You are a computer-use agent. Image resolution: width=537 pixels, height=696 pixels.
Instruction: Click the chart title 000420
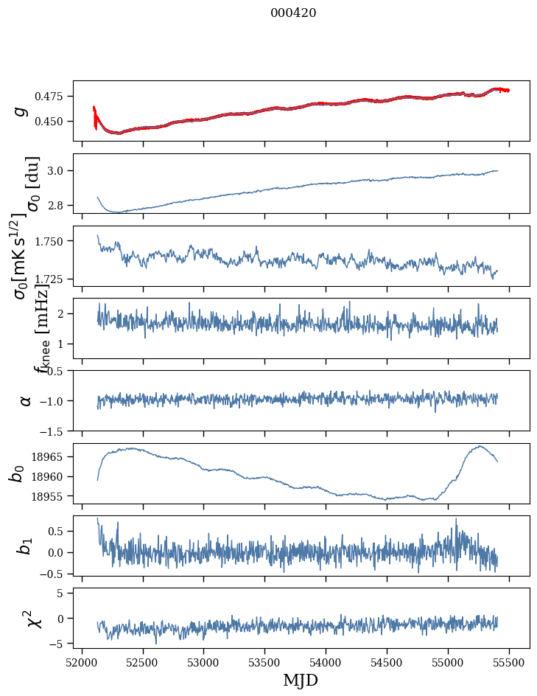pyautogui.click(x=293, y=13)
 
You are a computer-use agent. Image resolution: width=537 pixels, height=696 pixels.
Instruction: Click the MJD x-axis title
pyautogui.click(x=301, y=680)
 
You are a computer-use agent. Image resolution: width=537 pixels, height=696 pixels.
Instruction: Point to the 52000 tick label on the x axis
pyautogui.click(x=82, y=662)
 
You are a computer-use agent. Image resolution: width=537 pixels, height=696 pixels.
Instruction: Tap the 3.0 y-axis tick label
pyautogui.click(x=58, y=171)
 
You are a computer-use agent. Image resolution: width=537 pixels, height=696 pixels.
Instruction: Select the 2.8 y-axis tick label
pyautogui.click(x=58, y=205)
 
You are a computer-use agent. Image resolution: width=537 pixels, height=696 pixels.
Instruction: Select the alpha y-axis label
pyautogui.click(x=26, y=400)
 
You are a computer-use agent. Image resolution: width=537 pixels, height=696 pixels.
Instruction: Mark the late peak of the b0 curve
pyautogui.click(x=480, y=446)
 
